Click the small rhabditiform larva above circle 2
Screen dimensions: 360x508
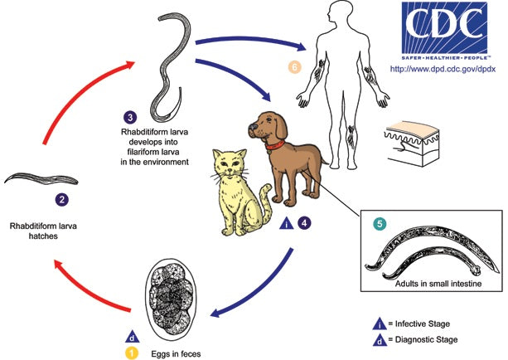click(41, 178)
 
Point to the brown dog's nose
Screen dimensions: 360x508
click(251, 129)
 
